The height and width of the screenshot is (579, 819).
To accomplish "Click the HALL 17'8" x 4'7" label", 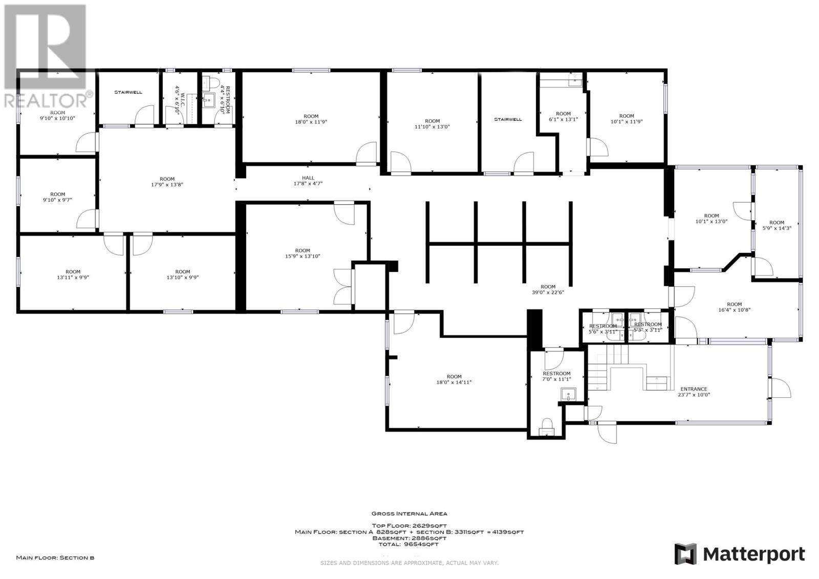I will [x=308, y=181].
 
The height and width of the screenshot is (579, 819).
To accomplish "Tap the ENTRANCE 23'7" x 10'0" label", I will [x=694, y=392].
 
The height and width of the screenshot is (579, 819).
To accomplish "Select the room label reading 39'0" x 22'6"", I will [x=548, y=290].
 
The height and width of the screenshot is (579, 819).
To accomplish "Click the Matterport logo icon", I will [x=685, y=554].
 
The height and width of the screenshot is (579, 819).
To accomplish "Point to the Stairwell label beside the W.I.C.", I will [x=128, y=93].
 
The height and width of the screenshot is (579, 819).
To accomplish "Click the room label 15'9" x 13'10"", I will [x=303, y=253].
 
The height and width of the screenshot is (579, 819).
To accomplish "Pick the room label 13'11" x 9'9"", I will [x=73, y=275].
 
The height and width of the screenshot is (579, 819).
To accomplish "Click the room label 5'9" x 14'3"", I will [x=777, y=225].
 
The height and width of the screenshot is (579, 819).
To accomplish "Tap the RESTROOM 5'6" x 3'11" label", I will [x=603, y=329].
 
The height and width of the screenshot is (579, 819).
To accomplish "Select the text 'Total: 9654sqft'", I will [x=409, y=544].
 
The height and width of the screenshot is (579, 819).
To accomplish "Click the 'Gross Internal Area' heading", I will [x=409, y=513].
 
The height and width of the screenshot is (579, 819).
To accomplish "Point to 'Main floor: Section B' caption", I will [x=55, y=557].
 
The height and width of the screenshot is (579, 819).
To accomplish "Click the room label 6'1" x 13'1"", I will [x=563, y=117].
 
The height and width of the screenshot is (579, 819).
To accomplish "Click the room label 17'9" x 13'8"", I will [x=167, y=182].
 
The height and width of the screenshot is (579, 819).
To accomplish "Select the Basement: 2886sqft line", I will [x=409, y=538].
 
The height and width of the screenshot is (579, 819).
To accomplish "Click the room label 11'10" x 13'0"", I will [x=432, y=124].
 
